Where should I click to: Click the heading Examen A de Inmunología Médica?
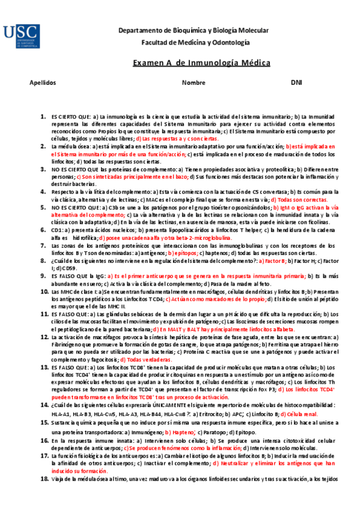[x=201, y=63]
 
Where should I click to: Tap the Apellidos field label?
[x=42, y=82]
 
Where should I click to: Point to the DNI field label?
[x=296, y=82]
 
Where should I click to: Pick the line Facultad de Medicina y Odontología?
[x=195, y=42]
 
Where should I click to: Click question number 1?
[x=43, y=115]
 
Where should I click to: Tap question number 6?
[x=43, y=230]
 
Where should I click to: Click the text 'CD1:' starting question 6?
[x=57, y=230]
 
